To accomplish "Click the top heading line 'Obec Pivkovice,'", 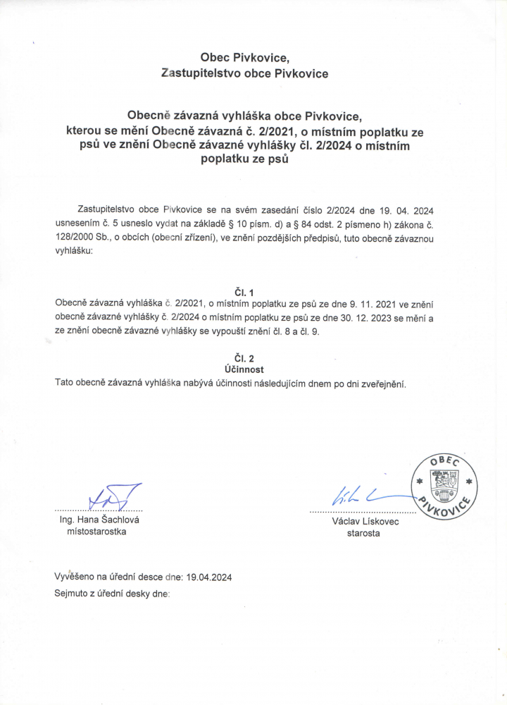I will pos(244,57).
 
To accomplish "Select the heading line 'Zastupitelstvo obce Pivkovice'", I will pos(244,73).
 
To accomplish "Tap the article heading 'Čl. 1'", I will pos(244,291).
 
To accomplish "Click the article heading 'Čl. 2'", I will pos(244,358).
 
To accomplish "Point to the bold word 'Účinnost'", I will pos(244,369).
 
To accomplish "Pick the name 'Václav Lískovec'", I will pos(365,522).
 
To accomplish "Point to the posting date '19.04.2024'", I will pos(209,577).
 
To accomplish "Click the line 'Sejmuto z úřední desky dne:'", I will pos(113,594).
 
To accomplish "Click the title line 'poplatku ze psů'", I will pos(244,160).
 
